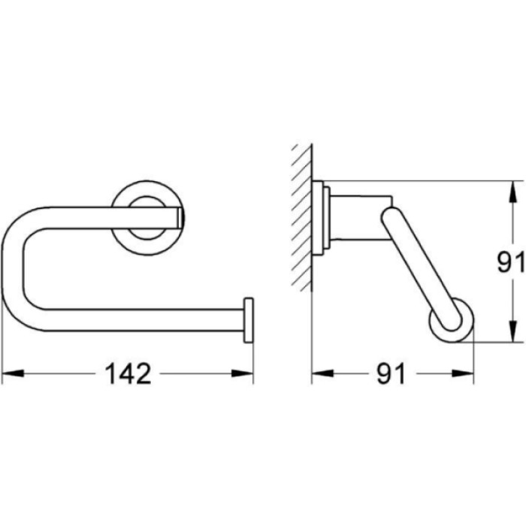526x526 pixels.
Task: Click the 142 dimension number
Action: tap(128, 373)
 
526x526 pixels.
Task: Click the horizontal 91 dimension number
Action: tap(391, 373)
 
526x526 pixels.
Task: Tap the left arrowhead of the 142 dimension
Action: tap(13, 373)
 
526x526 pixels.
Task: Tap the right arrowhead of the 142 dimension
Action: tap(242, 373)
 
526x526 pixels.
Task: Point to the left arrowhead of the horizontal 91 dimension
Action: tap(322, 373)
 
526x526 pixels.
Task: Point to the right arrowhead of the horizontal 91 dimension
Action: tap(463, 373)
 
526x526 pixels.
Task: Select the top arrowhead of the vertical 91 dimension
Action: tap(512, 192)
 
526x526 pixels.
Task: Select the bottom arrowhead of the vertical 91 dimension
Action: tap(512, 331)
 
